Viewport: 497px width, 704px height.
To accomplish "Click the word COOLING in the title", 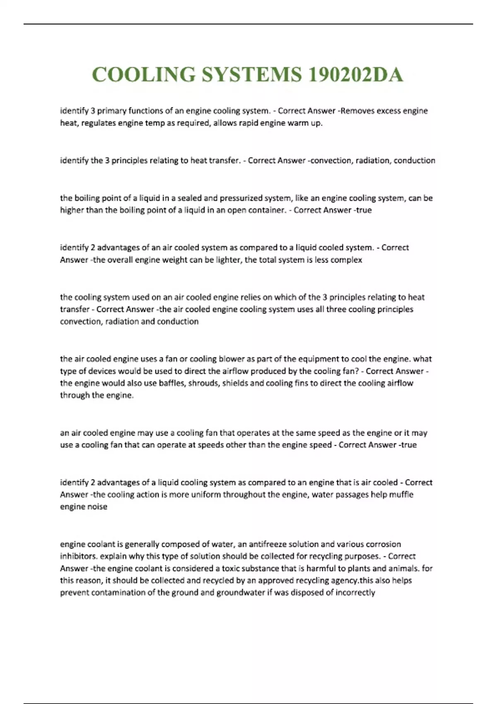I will click(144, 75).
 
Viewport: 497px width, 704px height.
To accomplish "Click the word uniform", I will click(206, 494).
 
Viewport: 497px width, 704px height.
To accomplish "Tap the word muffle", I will click(401, 494).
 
